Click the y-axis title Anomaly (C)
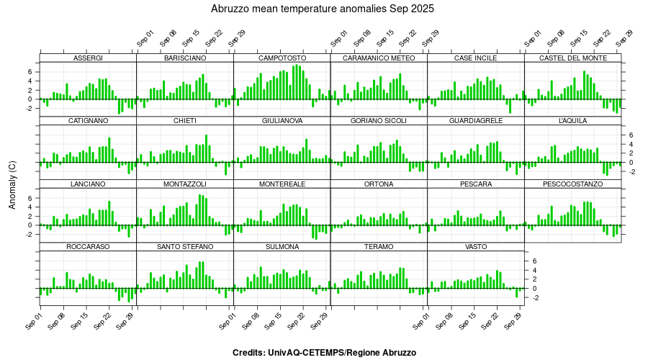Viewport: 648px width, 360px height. (12, 185)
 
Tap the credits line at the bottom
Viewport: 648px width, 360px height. (324, 353)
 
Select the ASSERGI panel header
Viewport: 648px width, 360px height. (88, 58)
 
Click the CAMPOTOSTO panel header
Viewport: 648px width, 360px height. (282, 58)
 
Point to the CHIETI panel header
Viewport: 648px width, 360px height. (184, 121)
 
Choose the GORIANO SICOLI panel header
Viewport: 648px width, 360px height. (379, 121)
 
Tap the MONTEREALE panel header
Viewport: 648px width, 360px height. (282, 184)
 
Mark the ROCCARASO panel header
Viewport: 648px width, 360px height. (88, 247)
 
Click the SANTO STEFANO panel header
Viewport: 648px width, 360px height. (184, 247)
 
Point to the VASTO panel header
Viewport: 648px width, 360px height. (475, 247)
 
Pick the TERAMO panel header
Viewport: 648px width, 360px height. (379, 247)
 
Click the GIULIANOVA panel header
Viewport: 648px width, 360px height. (282, 121)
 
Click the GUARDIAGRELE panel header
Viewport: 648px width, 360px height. (475, 121)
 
